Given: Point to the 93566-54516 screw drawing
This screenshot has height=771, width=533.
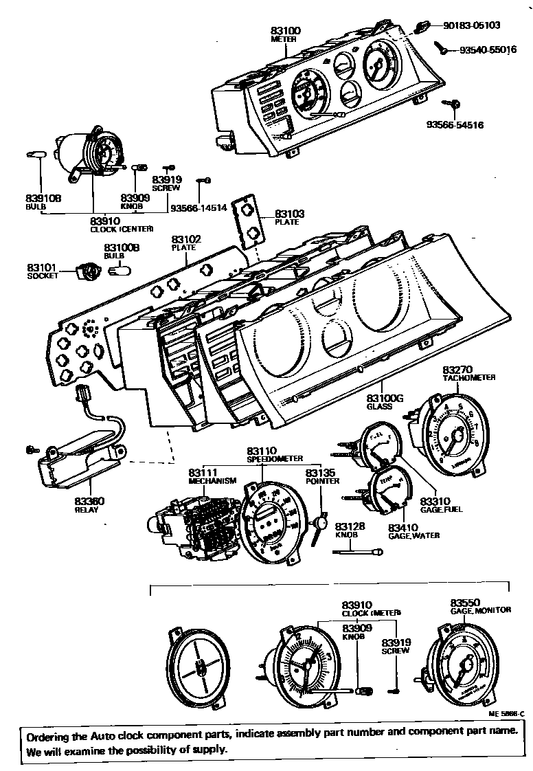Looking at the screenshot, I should click(x=455, y=104).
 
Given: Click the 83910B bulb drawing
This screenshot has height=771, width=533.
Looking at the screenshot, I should click(x=36, y=155).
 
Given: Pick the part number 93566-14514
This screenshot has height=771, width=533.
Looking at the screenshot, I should click(x=199, y=208).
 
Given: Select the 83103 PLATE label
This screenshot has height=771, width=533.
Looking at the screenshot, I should click(x=289, y=218).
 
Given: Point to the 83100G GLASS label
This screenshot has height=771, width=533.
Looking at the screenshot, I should click(x=384, y=401).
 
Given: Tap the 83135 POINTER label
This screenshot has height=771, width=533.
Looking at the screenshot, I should click(x=322, y=477).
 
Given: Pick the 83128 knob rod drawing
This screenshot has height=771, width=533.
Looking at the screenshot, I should click(x=360, y=551).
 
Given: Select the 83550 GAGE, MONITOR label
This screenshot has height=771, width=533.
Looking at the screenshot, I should click(x=480, y=605).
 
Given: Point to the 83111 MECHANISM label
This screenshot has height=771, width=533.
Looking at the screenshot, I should click(x=212, y=477).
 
